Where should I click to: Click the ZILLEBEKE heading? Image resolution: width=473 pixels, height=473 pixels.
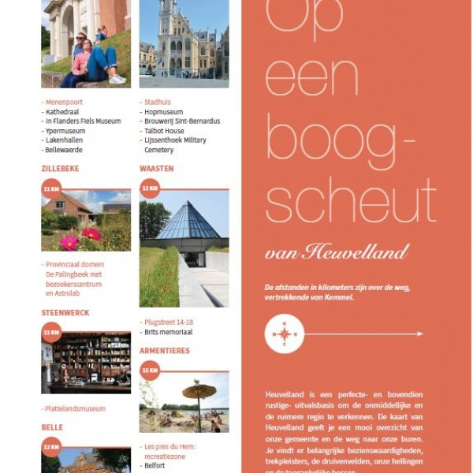(x=60, y=169)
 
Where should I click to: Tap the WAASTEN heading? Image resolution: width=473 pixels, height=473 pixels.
(x=156, y=169)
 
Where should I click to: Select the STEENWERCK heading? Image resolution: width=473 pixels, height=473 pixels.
(x=65, y=313)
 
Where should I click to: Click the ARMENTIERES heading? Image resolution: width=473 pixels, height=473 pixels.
(x=164, y=351)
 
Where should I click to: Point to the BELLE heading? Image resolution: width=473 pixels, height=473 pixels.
(x=52, y=427)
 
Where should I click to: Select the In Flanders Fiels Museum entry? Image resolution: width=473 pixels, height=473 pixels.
(x=83, y=121)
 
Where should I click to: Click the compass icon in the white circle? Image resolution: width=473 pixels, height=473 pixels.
(x=284, y=333)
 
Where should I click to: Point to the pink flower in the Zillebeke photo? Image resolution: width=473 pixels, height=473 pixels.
(x=70, y=242)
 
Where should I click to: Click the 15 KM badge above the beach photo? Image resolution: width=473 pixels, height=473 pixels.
(x=150, y=370)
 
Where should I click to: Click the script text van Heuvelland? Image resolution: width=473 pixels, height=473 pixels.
(x=337, y=252)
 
